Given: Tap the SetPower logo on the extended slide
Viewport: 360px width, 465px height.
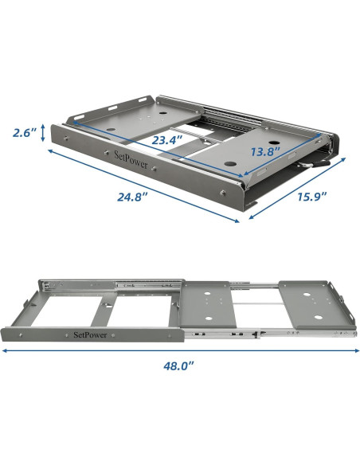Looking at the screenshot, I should point(91,334).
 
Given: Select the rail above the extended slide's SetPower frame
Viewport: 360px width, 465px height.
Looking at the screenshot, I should point(112,281).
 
